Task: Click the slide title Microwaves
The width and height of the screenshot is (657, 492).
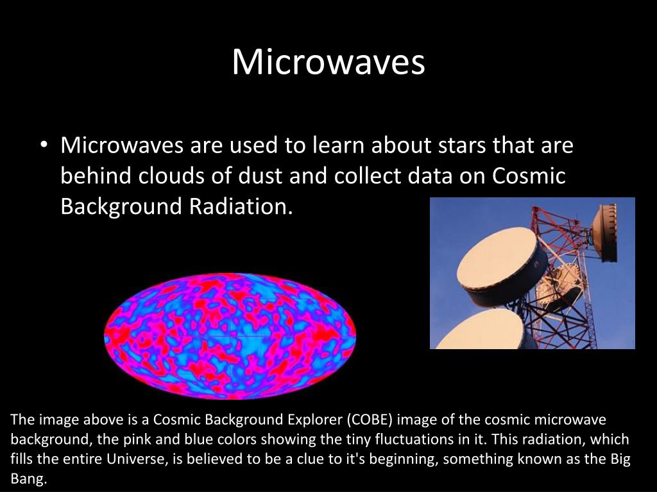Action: [328, 62]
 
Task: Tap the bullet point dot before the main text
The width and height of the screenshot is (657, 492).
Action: [43, 145]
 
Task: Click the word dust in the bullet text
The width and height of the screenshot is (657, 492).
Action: [260, 176]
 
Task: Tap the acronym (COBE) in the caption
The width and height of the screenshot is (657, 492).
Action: [370, 420]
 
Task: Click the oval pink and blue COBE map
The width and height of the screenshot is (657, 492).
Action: [230, 336]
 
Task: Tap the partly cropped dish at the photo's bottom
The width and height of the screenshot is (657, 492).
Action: [482, 330]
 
